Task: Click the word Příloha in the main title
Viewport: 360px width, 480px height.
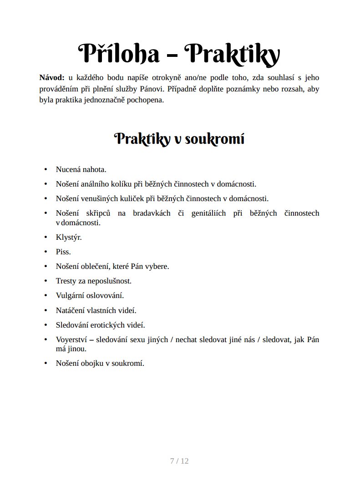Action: click(119, 54)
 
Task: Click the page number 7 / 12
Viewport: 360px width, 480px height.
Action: click(179, 461)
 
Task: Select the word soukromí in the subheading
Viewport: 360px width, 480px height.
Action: click(219, 139)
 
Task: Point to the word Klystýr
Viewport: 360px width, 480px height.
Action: click(69, 237)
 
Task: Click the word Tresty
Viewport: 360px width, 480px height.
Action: click(66, 281)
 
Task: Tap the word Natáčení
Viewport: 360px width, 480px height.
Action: click(71, 310)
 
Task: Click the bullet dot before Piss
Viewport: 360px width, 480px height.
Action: click(46, 252)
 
